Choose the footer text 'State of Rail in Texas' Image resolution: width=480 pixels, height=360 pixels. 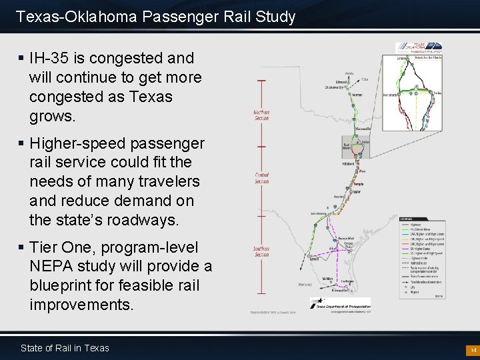click(x=65, y=348)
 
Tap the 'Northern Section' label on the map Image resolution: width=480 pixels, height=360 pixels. click(x=261, y=115)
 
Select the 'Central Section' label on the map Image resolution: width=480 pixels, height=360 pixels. click(x=261, y=179)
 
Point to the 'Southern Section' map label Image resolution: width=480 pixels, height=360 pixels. click(x=261, y=251)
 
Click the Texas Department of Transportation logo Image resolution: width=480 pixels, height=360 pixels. click(x=340, y=303)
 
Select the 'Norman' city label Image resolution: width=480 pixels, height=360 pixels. click(x=357, y=95)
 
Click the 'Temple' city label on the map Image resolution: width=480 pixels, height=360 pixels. click(x=358, y=183)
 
